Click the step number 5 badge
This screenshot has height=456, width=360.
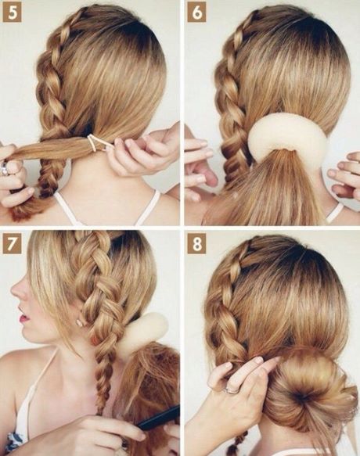[x=13, y=13]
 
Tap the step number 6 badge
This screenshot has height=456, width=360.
[x=196, y=13]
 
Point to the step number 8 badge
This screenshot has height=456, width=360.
[x=196, y=244]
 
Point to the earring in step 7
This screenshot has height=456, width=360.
[x=79, y=322]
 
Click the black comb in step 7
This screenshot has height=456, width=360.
[x=159, y=418]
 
